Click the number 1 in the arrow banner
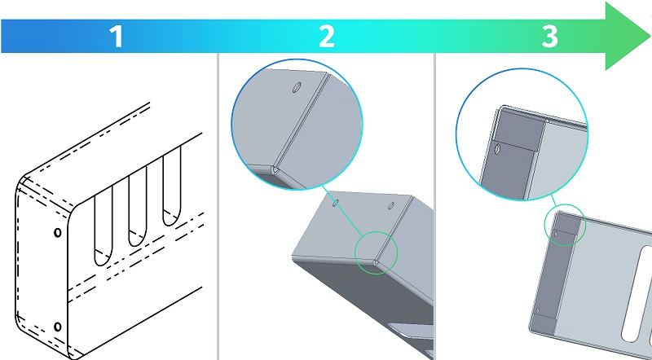coord(117,36)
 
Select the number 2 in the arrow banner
coord(327,36)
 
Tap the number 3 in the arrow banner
coord(550,36)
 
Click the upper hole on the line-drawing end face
coord(56,233)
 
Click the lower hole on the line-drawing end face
coord(56,327)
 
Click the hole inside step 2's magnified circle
coord(296,86)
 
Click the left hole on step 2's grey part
coord(334,200)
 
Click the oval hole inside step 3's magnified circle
coord(496,149)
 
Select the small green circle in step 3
coord(565,226)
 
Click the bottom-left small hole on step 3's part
coord(539,310)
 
